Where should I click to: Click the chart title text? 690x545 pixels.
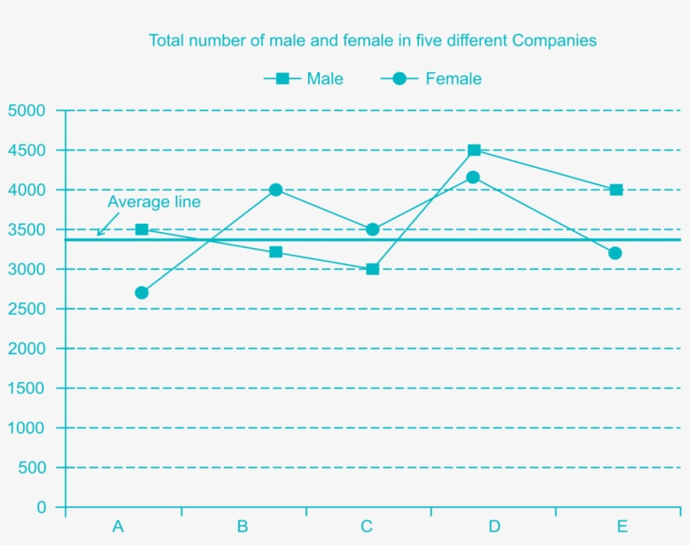tap(373, 40)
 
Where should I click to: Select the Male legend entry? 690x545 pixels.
tap(304, 78)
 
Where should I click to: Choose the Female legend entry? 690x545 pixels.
tap(431, 78)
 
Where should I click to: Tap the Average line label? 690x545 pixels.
tap(154, 202)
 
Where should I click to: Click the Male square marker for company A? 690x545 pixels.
tap(141, 230)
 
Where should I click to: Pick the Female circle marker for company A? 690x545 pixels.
tap(141, 293)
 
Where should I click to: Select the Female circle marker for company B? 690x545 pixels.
tap(276, 190)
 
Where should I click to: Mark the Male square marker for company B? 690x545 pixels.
tap(276, 252)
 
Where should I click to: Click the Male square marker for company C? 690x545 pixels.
tap(373, 269)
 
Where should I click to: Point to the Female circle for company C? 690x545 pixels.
tap(373, 230)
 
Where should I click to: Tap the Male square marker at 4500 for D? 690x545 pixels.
tap(475, 151)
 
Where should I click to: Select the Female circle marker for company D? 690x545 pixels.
tap(473, 177)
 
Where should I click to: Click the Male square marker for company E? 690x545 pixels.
tap(617, 190)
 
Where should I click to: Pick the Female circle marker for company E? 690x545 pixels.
tap(615, 253)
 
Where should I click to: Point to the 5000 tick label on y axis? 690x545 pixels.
tap(27, 111)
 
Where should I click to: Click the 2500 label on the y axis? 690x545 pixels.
tap(27, 309)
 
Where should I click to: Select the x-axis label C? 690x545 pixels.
tap(367, 527)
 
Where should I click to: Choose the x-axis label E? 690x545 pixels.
tap(622, 527)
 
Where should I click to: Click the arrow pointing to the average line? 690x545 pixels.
tap(103, 229)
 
